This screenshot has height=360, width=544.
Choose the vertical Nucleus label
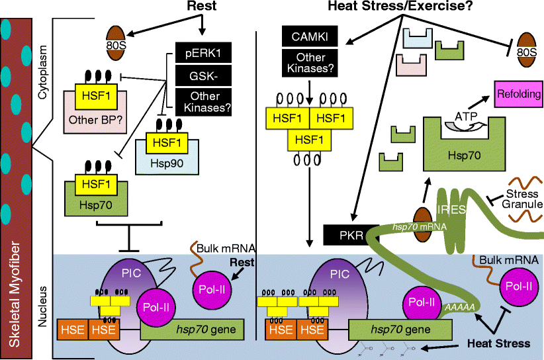point(43,304)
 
